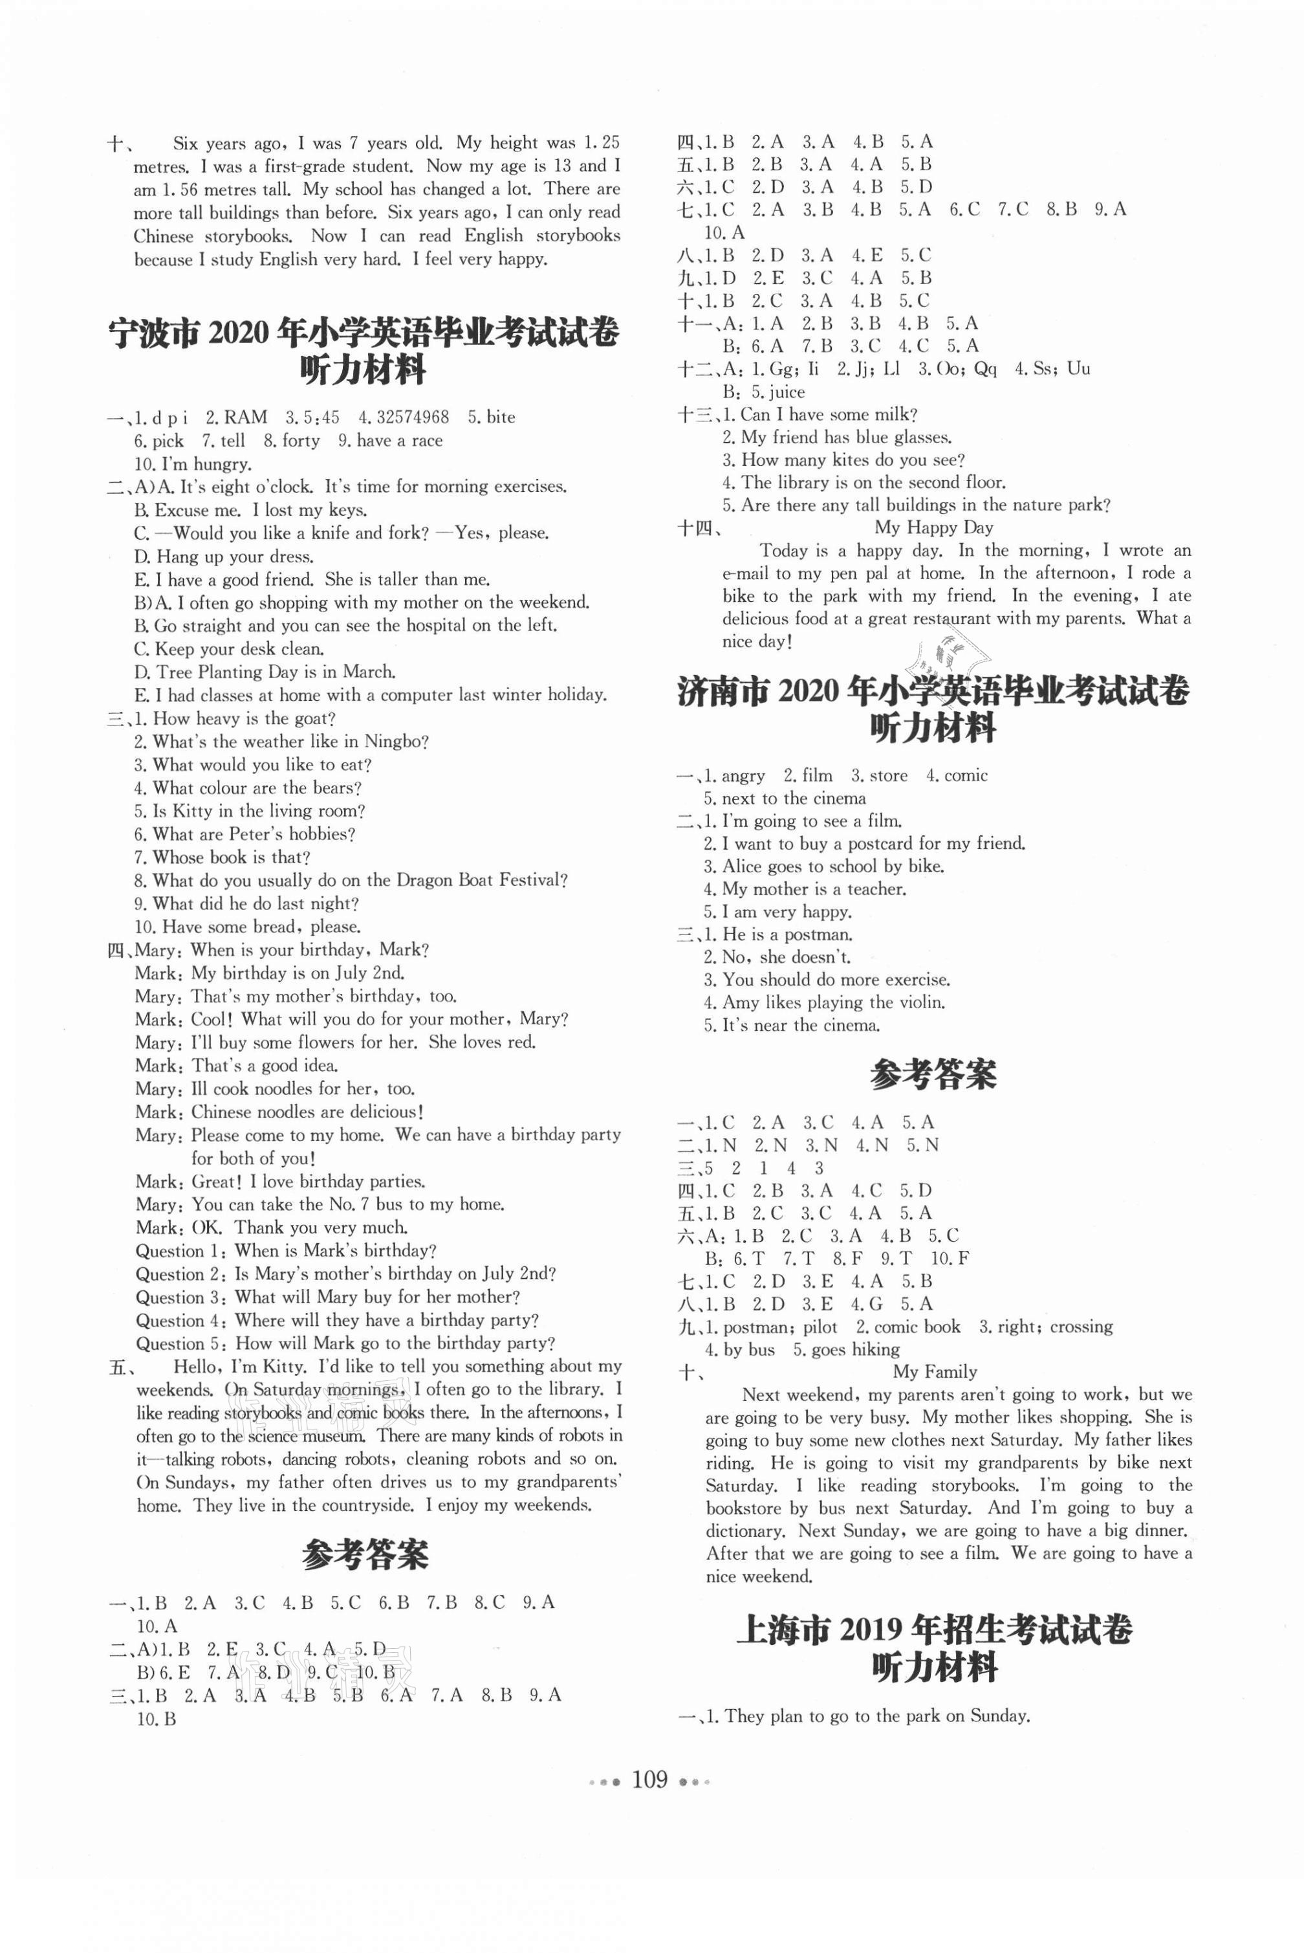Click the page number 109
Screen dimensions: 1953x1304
pos(649,1779)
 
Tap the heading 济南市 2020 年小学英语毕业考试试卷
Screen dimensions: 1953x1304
pos(933,692)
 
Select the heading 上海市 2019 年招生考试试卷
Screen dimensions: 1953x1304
pos(934,1630)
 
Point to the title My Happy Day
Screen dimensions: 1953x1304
pos(933,527)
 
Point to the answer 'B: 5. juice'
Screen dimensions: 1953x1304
pos(763,392)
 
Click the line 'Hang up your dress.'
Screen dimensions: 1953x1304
pos(223,557)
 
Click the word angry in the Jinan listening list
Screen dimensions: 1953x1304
pos(743,776)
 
